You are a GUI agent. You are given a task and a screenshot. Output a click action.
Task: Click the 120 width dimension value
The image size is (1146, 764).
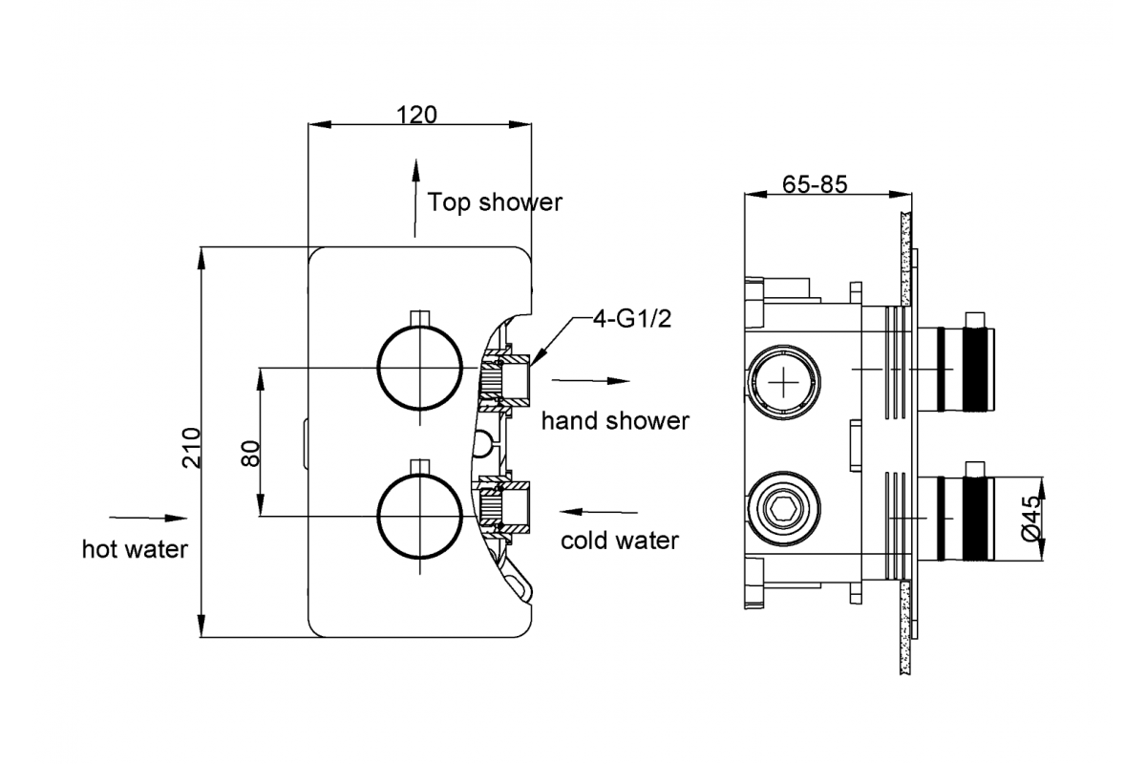coord(416,116)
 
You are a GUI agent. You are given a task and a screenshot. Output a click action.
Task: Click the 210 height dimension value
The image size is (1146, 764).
coord(192,448)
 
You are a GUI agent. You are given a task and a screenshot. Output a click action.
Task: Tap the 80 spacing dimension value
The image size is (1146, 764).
coord(250,453)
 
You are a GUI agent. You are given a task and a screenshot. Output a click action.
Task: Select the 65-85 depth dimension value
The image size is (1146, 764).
coord(815,184)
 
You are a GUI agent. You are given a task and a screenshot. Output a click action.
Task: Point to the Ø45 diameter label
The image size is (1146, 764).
coord(1030,518)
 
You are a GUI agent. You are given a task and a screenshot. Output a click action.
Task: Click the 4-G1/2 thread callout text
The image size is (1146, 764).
coord(632,319)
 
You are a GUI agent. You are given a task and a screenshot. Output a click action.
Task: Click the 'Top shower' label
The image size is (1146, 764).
coord(495,202)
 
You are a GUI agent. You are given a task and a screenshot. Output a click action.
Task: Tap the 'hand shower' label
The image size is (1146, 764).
coord(615,421)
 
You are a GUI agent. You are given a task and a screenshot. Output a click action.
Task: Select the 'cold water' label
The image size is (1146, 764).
coord(620,541)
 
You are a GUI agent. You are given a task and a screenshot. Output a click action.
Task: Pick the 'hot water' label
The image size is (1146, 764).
coord(135,549)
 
